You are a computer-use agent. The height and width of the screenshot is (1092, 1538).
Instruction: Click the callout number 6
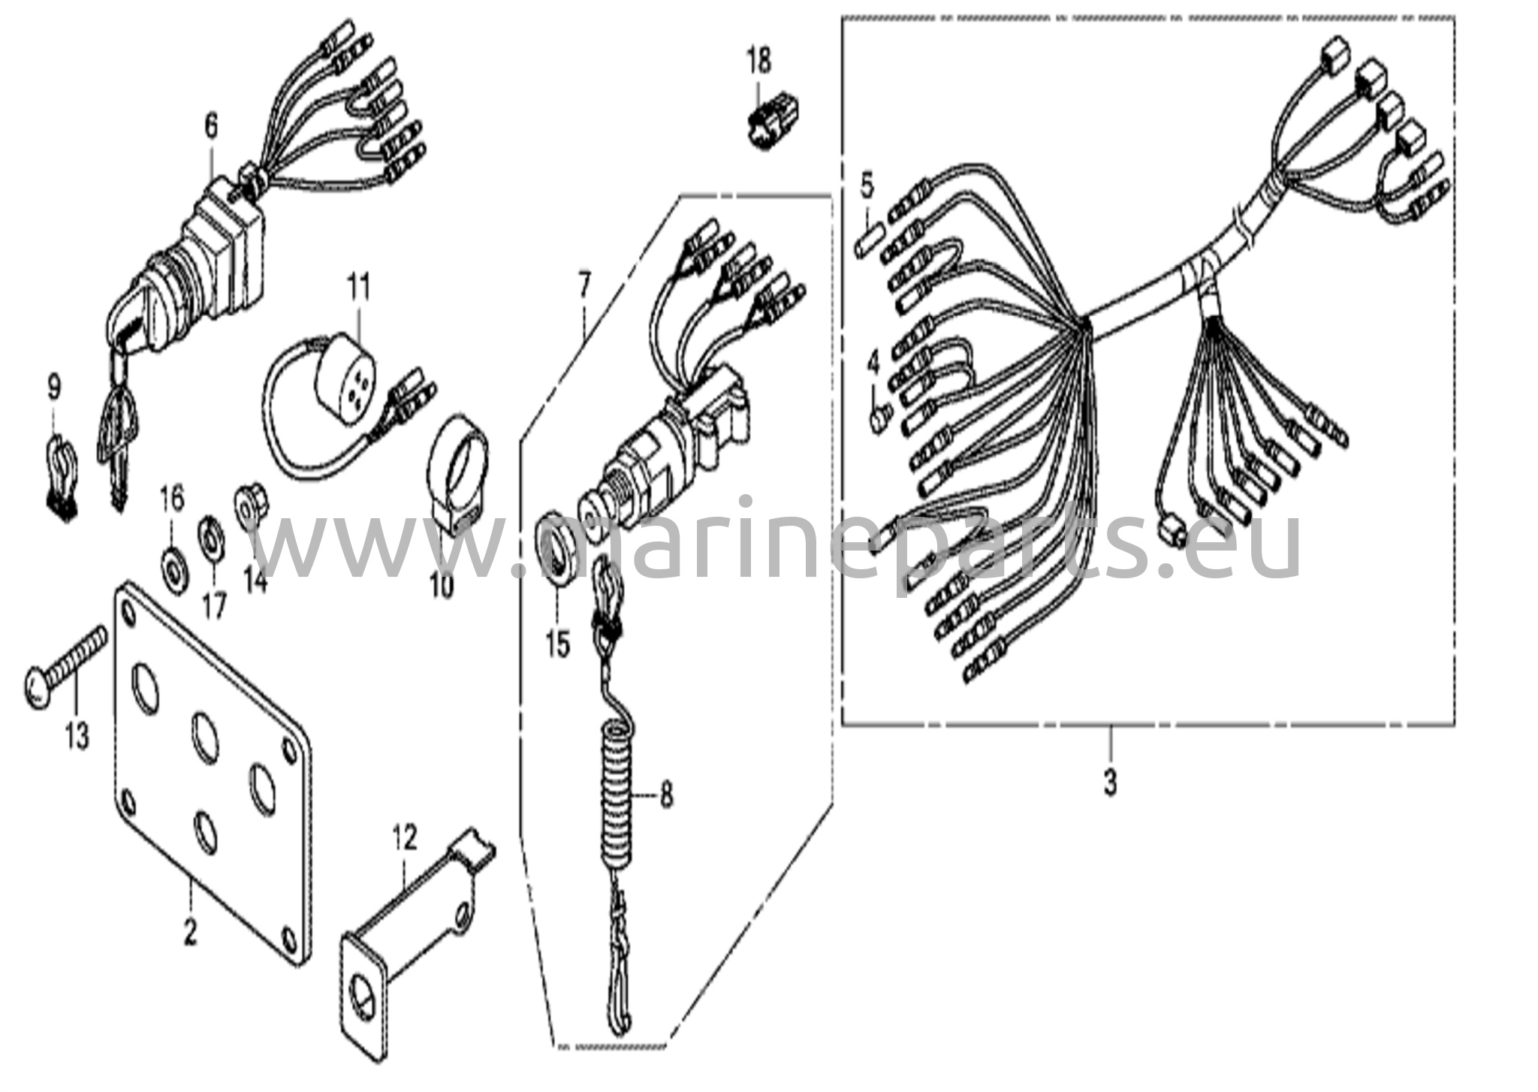[x=210, y=126]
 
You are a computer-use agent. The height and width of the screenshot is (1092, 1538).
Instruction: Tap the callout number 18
[x=759, y=61]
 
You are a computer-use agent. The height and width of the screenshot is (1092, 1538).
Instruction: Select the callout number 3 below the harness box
[x=1110, y=783]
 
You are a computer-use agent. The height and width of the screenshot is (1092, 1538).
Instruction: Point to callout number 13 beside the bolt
[x=77, y=734]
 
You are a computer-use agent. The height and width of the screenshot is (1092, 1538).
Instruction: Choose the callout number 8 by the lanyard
[x=667, y=795]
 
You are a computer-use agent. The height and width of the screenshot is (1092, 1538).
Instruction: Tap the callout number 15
[x=558, y=644]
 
